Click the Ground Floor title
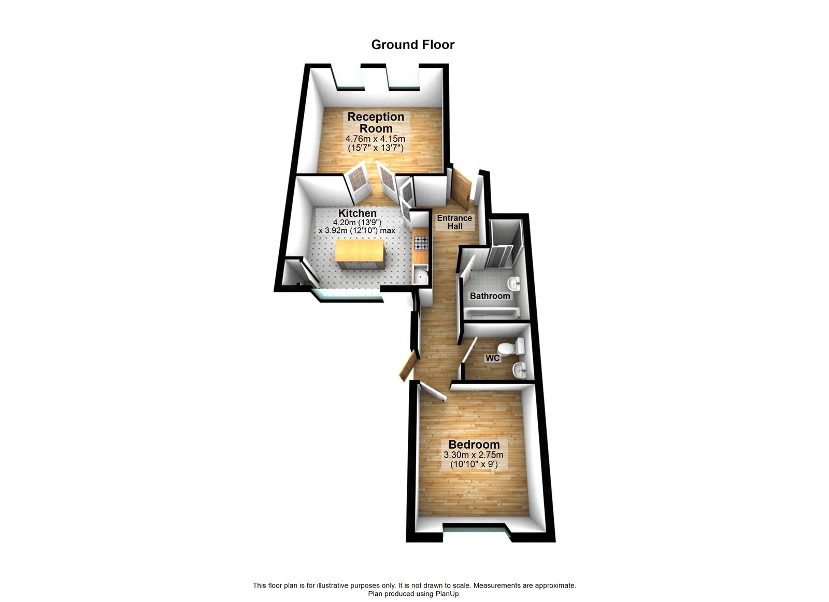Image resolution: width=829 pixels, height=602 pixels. (412, 45)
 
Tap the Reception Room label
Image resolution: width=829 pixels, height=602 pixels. (376, 123)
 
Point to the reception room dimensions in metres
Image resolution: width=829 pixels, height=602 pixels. (375, 139)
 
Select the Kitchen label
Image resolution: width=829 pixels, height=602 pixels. (358, 213)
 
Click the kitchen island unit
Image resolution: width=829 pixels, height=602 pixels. (360, 254)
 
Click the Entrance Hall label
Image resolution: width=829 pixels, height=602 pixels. (454, 222)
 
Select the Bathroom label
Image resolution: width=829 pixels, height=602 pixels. (490, 296)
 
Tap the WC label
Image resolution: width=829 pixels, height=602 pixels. (492, 358)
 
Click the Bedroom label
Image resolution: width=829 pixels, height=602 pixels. (474, 445)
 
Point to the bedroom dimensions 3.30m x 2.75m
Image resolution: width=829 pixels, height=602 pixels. (473, 456)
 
